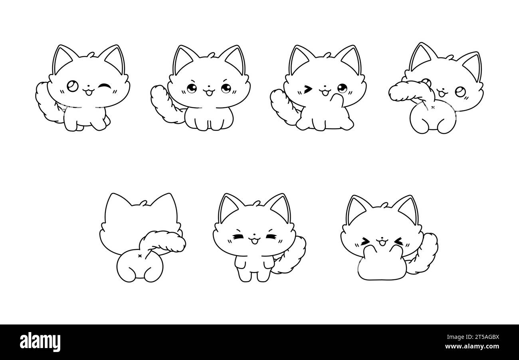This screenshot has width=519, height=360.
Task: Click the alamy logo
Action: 40,342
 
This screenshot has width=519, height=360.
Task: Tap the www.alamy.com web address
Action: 472,346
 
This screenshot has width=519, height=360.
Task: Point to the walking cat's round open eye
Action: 73,86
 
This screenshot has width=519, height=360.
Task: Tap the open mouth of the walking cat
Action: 89,92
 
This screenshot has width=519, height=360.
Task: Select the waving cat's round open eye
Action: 342,88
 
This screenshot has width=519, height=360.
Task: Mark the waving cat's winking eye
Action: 307,89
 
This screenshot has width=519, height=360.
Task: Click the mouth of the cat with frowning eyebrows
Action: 209,92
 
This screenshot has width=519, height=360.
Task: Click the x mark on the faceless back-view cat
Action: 139,256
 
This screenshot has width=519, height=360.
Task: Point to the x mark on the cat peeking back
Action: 433,107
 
